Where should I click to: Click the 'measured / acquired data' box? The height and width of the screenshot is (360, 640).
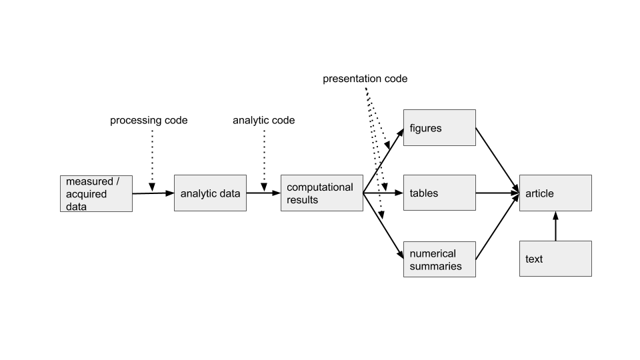pos(96,193)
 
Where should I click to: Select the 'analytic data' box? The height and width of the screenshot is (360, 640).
pos(210,193)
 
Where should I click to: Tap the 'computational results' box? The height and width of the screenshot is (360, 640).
pos(321,193)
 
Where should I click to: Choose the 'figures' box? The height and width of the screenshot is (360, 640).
pos(439,127)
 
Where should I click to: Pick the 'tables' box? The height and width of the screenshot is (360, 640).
pos(439,193)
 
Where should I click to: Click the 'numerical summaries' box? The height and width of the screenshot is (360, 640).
pos(439,259)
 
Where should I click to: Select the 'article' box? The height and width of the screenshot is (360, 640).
pos(555,193)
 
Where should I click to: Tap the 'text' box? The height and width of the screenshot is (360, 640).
pos(555,259)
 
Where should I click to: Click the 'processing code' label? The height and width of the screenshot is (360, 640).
pos(149,121)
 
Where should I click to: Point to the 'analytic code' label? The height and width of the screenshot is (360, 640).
pos(263,121)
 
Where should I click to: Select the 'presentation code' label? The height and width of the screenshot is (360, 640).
pos(365,79)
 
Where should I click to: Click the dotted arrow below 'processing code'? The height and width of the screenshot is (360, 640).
pos(152,160)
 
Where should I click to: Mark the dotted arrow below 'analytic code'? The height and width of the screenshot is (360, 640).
pos(264,160)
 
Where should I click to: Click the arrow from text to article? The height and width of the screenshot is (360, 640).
pos(555,226)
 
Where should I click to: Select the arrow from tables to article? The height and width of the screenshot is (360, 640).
pos(497,193)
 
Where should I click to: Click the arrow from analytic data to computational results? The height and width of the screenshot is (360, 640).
pos(263,193)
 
